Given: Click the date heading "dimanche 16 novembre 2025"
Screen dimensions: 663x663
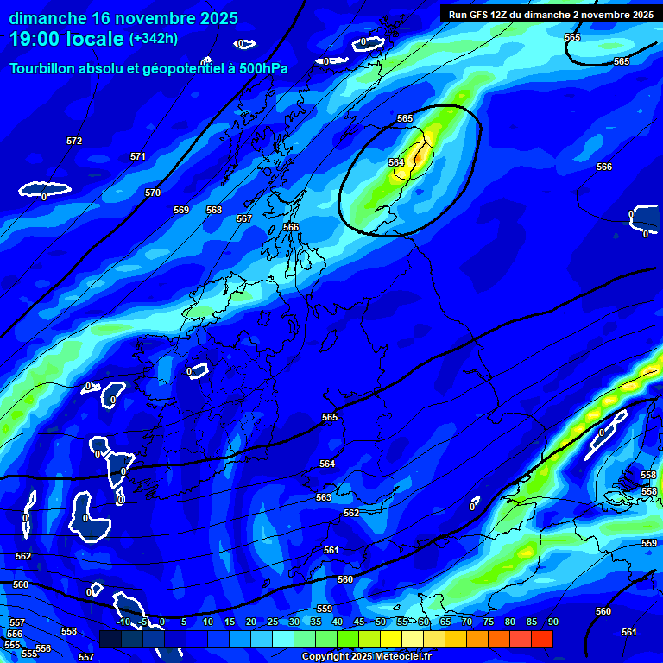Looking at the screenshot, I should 123,18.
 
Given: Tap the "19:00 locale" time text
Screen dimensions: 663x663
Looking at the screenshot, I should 67,39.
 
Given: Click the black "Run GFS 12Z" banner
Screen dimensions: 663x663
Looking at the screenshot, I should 550,14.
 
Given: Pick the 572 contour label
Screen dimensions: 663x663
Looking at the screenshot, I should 74,141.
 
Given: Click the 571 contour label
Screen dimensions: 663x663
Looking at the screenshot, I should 138,156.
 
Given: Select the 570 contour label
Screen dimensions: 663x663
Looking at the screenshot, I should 153,193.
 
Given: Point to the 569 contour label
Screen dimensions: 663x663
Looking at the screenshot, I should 181,210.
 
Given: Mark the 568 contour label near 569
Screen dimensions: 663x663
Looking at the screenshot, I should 214,210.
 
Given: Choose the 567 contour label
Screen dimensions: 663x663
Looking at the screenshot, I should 244,218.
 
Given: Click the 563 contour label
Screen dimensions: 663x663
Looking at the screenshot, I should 324,497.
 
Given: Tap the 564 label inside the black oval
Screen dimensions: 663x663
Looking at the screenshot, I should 396,162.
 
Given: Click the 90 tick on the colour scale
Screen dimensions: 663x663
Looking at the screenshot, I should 552,622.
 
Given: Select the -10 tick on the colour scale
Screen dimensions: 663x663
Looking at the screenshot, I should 123,622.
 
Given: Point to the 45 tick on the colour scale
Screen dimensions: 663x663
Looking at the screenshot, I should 359,622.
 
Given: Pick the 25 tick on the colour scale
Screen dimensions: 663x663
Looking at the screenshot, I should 273,622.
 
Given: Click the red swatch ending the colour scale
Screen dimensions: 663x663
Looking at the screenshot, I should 541,639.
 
